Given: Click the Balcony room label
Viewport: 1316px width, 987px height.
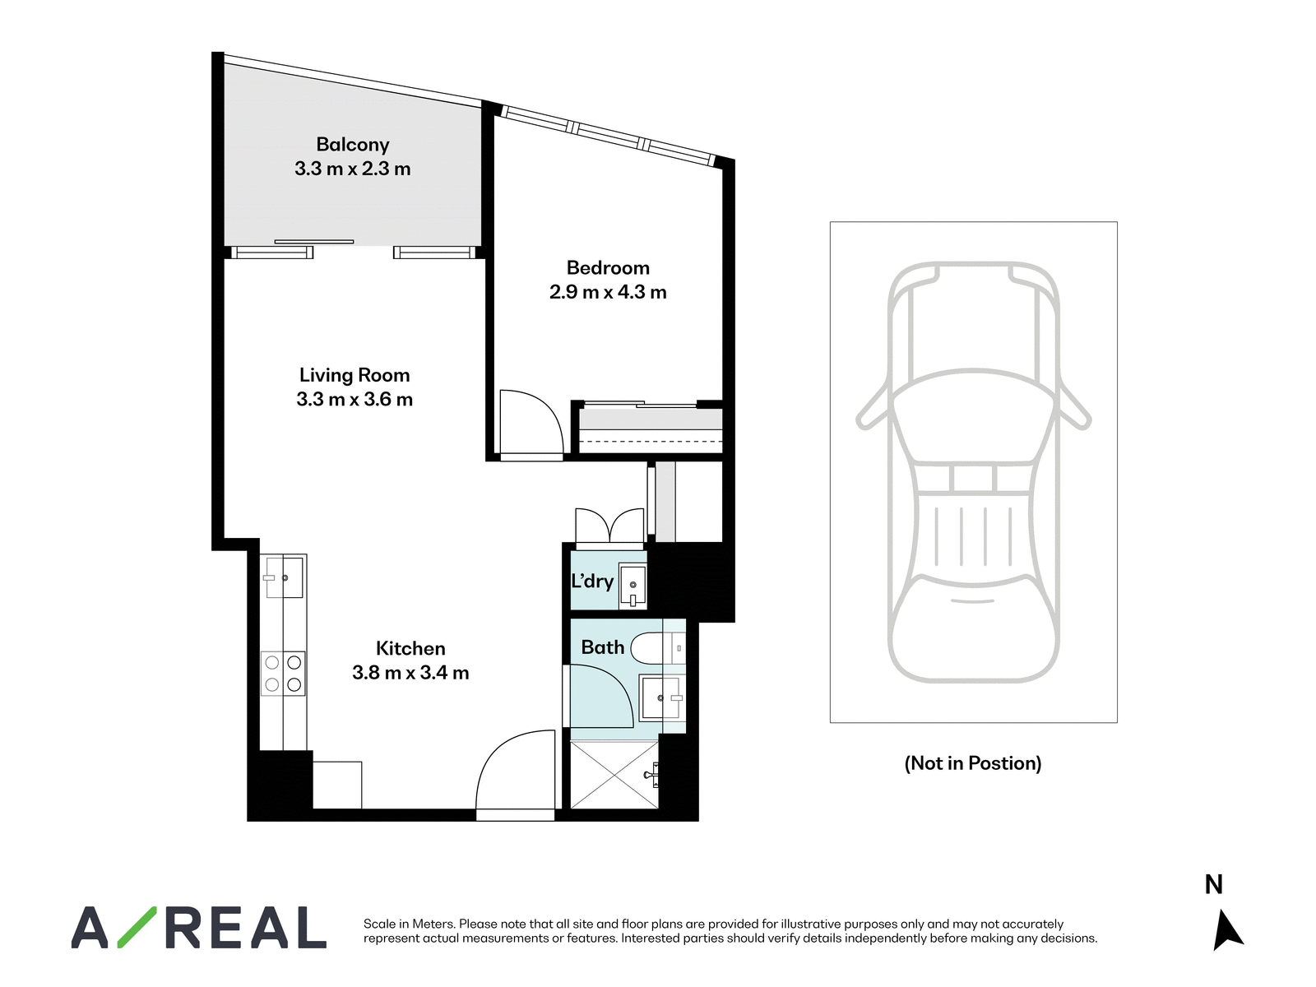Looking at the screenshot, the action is click(353, 145).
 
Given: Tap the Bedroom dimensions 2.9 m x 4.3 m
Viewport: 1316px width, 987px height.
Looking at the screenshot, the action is click(608, 292).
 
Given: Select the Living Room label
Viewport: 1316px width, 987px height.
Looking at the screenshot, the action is click(354, 375).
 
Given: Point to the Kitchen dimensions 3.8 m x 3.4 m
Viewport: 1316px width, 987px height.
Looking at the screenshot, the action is click(410, 672).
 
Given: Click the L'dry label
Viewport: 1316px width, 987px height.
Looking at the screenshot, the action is click(592, 581).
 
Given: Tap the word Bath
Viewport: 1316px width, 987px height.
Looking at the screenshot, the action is click(603, 647).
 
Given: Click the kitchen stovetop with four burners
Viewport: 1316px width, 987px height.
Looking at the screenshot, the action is click(283, 674).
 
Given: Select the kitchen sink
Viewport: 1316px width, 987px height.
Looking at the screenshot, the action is click(284, 577).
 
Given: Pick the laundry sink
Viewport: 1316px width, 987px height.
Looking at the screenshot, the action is click(632, 586).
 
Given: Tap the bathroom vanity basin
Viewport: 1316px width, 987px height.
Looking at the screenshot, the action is click(661, 697).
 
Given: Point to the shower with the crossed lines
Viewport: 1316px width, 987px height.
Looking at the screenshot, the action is click(614, 775).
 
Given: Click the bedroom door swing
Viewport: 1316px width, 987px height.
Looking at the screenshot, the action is click(531, 423).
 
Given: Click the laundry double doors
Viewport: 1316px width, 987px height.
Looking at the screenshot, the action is click(609, 527).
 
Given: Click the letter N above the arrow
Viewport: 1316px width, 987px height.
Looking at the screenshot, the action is click(1213, 884).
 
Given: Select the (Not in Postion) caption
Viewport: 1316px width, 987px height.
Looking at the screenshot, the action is click(972, 763).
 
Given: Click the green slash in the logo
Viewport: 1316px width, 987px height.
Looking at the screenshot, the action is click(137, 926).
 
